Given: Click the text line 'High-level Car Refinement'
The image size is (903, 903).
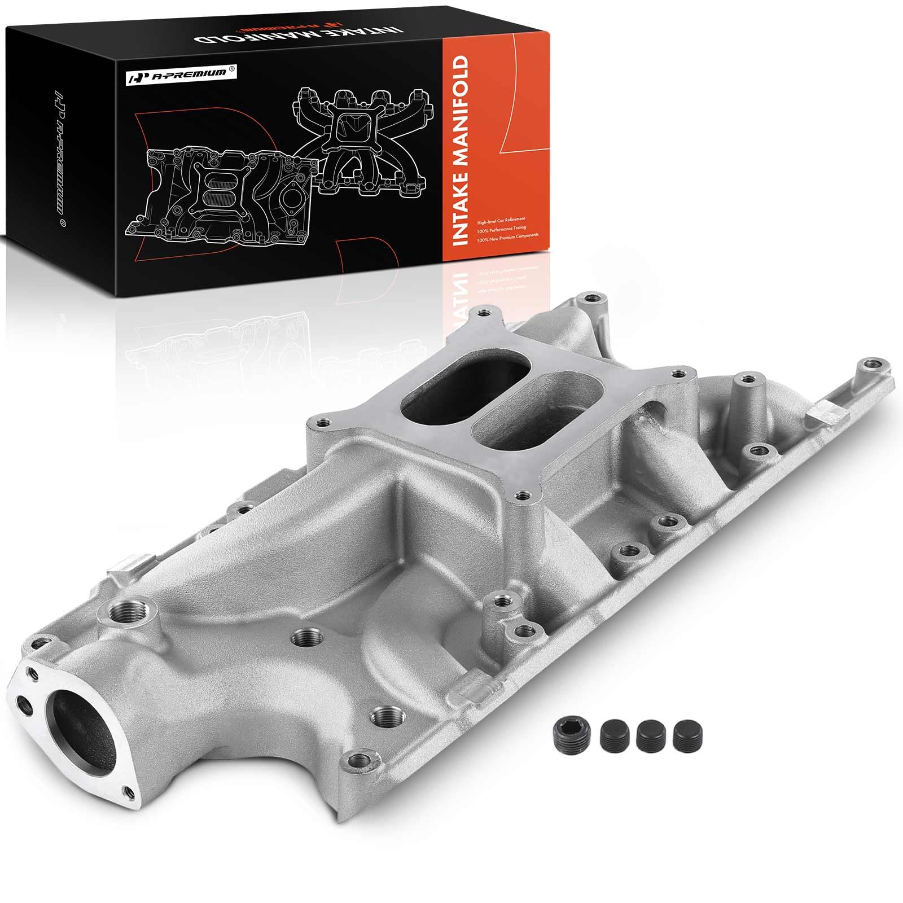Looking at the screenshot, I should click(501, 217).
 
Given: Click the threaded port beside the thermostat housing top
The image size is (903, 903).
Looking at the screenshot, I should click(122, 611).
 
